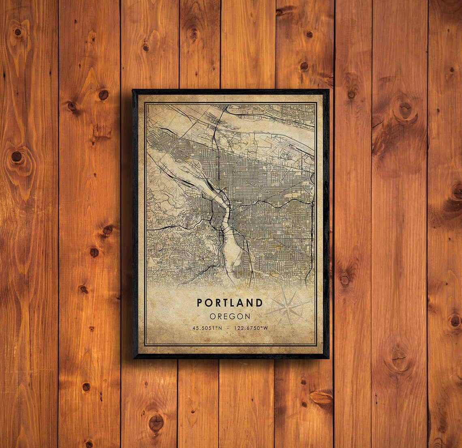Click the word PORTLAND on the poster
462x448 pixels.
(230, 303)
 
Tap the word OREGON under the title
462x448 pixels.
(230, 316)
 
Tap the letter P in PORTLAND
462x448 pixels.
(200, 303)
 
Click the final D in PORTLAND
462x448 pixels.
(259, 303)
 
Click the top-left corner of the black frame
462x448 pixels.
(133, 90)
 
